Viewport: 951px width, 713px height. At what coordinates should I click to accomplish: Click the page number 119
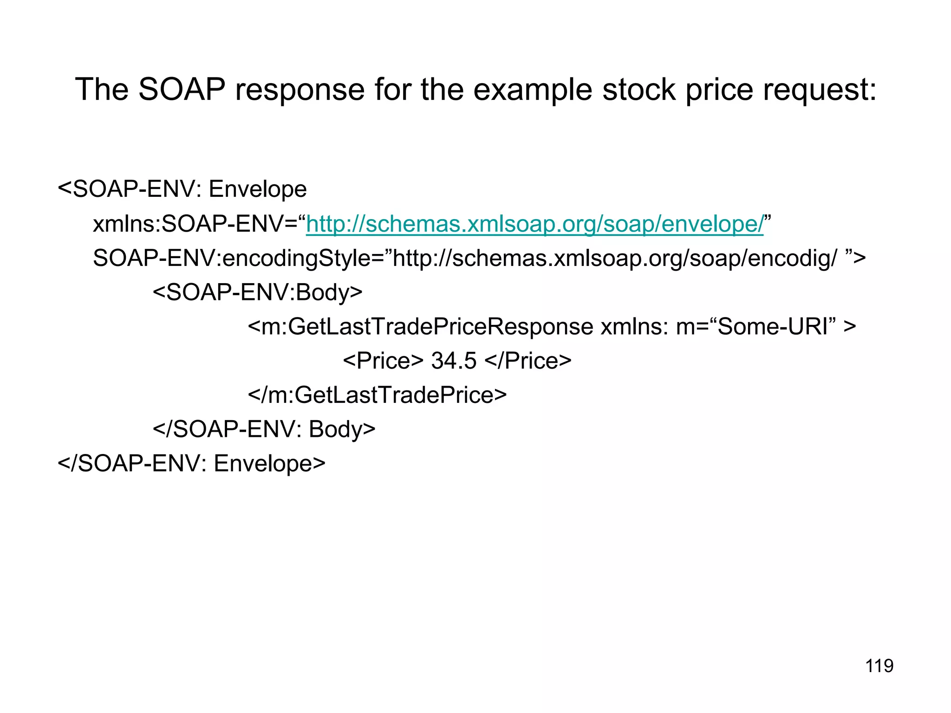pyautogui.click(x=879, y=666)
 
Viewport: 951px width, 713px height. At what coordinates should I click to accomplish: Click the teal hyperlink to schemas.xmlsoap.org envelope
pyautogui.click(x=534, y=224)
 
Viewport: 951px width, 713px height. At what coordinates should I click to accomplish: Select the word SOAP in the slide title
pyautogui.click(x=182, y=89)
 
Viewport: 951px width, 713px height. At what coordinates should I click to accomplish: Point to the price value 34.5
pyautogui.click(x=454, y=361)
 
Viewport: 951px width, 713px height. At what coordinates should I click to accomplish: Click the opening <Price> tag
pyautogui.click(x=383, y=361)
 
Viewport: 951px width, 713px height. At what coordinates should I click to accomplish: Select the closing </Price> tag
pyautogui.click(x=528, y=361)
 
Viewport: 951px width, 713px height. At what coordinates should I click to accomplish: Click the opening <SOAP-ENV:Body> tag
pyautogui.click(x=257, y=292)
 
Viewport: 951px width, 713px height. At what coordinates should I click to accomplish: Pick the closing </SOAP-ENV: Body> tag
pyautogui.click(x=264, y=429)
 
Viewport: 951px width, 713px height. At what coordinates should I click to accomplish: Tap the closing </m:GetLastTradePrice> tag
pyautogui.click(x=377, y=395)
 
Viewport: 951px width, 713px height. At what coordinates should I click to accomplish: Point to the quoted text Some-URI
pyautogui.click(x=773, y=327)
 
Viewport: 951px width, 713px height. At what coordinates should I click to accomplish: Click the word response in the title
pyautogui.click(x=300, y=89)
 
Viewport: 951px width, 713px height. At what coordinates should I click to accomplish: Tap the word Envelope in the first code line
pyautogui.click(x=258, y=189)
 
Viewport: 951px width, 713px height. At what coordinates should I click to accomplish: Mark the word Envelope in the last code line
pyautogui.click(x=269, y=463)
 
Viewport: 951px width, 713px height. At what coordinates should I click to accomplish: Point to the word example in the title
pyautogui.click(x=533, y=89)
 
